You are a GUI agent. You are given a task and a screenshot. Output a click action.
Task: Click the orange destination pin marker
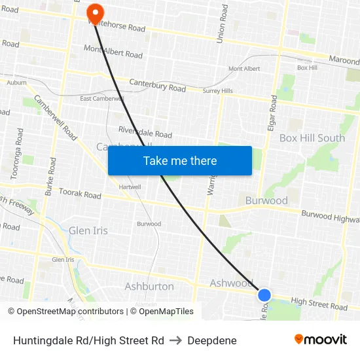tap(96, 12)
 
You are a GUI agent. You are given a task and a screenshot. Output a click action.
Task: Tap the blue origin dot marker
tap(264, 295)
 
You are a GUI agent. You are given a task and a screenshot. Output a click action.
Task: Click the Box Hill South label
tap(312, 138)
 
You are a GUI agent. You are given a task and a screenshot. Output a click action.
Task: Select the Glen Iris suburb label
tap(88, 230)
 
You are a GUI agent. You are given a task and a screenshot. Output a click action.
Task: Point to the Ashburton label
tap(149, 286)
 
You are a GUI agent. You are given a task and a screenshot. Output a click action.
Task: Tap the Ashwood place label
tap(230, 283)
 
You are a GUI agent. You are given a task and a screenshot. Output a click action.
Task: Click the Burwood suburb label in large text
tap(266, 200)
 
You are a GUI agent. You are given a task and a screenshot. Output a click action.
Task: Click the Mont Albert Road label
tap(113, 52)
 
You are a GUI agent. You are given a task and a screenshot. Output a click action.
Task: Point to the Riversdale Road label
tap(145, 132)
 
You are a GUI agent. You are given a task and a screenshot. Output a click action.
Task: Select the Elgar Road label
tap(272, 115)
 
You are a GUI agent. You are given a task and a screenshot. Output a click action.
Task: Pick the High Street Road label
tap(319, 304)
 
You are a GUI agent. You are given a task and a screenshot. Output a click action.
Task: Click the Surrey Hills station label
tap(217, 91)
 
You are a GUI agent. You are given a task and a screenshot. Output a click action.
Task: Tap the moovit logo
tap(320, 339)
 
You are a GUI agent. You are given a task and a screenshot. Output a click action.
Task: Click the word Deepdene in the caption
tap(212, 340)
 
